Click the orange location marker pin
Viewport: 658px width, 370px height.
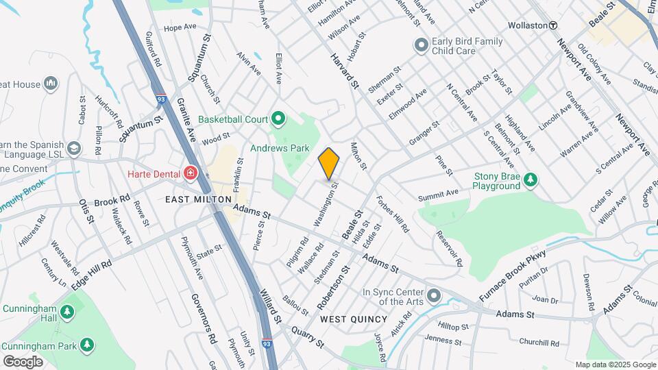coord(329,164)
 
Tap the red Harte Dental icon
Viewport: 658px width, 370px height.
coord(187,173)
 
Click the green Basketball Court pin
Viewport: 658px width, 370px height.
coord(278,119)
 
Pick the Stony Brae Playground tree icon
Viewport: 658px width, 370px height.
coord(530,180)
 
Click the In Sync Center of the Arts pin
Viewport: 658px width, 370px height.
coord(433,296)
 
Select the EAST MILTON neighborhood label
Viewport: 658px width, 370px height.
coord(193,199)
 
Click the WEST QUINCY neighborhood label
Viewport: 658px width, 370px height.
coord(354,319)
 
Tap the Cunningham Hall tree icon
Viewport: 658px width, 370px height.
coord(66,313)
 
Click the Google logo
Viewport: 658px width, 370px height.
coord(23,361)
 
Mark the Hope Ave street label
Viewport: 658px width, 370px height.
coord(180,28)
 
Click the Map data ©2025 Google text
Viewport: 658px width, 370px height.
coord(615,365)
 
